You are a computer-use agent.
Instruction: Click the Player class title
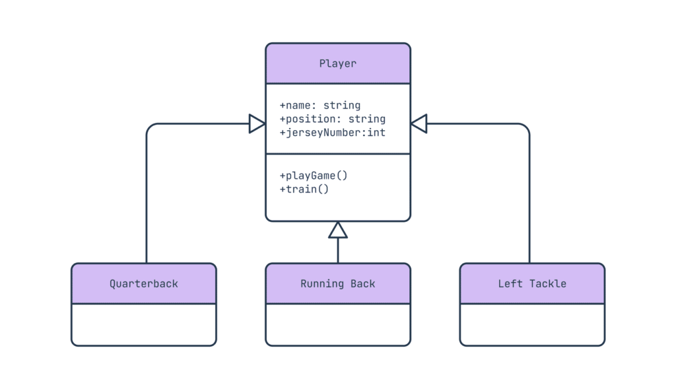(x=337, y=64)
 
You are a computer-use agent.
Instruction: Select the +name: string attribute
(x=320, y=105)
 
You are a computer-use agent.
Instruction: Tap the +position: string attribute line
(x=332, y=119)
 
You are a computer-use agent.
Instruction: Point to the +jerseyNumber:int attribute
(x=332, y=133)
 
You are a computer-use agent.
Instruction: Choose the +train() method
(x=304, y=189)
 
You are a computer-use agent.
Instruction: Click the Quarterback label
(x=143, y=284)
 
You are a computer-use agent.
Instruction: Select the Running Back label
(x=337, y=284)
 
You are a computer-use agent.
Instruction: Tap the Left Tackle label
(x=532, y=284)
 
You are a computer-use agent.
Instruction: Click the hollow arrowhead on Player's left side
(x=257, y=124)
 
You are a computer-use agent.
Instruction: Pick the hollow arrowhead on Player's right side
(x=419, y=124)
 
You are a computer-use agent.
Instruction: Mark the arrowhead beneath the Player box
(x=338, y=230)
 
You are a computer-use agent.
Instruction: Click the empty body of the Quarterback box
(x=143, y=324)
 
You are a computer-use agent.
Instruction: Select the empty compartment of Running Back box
(x=337, y=324)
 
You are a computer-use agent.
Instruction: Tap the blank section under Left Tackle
(x=532, y=324)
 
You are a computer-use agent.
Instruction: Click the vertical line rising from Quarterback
(x=146, y=198)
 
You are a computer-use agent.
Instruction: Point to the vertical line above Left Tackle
(x=529, y=198)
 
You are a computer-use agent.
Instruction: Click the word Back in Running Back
(x=362, y=284)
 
